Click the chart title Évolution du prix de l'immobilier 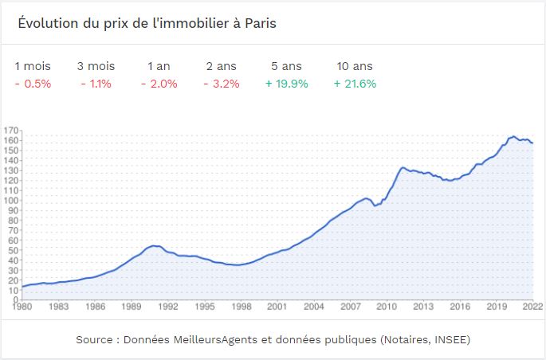147,23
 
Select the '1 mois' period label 33,66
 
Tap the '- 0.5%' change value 33,83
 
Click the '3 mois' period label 95,66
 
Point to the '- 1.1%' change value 95,83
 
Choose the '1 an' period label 159,66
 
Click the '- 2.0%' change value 158,83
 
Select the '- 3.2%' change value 221,83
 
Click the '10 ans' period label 354,66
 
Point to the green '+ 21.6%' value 355,83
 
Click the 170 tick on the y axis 11,130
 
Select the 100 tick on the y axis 11,200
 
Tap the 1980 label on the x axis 22,307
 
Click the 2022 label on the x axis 532,307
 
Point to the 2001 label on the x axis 277,307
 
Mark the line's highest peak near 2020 513,136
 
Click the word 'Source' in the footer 93,339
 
